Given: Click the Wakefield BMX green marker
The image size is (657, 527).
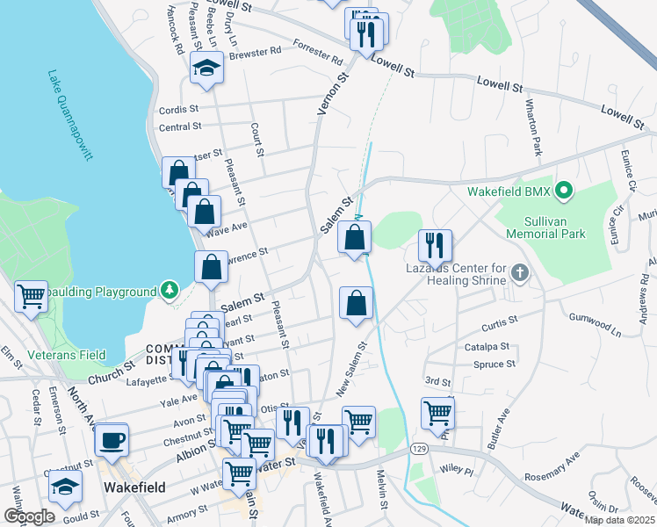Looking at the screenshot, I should pyautogui.click(x=565, y=189).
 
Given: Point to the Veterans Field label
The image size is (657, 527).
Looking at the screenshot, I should pyautogui.click(x=66, y=355).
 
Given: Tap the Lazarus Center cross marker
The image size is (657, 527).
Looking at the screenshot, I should pyautogui.click(x=520, y=272).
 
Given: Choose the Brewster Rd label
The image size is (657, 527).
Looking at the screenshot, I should pyautogui.click(x=255, y=52).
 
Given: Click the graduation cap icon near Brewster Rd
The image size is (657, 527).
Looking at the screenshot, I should pyautogui.click(x=206, y=69).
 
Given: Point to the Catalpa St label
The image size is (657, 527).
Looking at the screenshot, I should pyautogui.click(x=487, y=347).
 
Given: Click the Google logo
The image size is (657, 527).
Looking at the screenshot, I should pyautogui.click(x=29, y=516).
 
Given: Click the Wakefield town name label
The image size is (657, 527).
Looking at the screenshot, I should pyautogui.click(x=132, y=486).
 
